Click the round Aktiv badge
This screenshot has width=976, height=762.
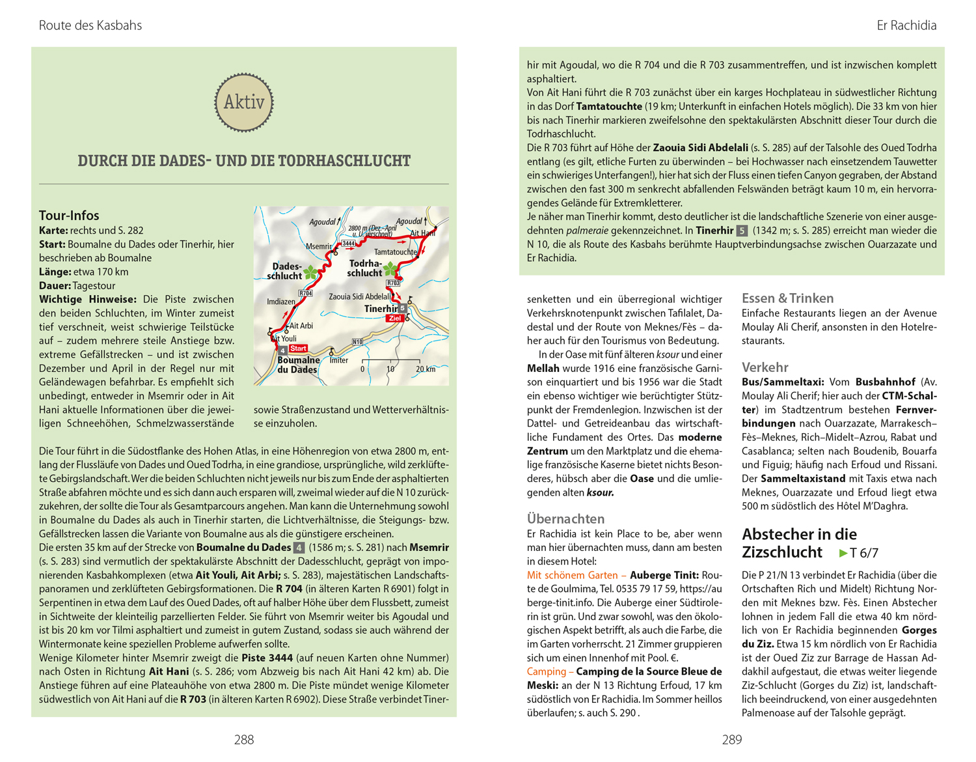click(244, 102)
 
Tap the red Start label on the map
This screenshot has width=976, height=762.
click(298, 348)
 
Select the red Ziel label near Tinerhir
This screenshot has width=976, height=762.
click(394, 318)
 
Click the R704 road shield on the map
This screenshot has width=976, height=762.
click(305, 294)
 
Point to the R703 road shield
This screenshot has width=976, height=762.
click(393, 283)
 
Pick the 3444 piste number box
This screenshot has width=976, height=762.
click(349, 244)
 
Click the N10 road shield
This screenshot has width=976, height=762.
click(357, 342)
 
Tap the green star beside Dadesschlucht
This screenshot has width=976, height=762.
click(311, 272)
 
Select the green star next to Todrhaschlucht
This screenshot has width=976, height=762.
click(390, 268)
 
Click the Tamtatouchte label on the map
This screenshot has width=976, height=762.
click(395, 252)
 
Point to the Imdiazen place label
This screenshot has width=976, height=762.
click(281, 302)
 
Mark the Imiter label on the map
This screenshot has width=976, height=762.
click(339, 360)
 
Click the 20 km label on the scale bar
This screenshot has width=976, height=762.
click(426, 369)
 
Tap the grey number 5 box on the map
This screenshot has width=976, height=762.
click(403, 308)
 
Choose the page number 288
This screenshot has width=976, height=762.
click(244, 740)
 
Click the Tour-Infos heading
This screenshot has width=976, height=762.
click(69, 216)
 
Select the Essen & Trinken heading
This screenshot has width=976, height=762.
click(787, 298)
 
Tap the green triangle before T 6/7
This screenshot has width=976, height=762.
click(843, 554)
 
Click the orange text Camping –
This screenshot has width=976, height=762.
click(550, 671)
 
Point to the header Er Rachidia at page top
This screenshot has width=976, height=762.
click(906, 25)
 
